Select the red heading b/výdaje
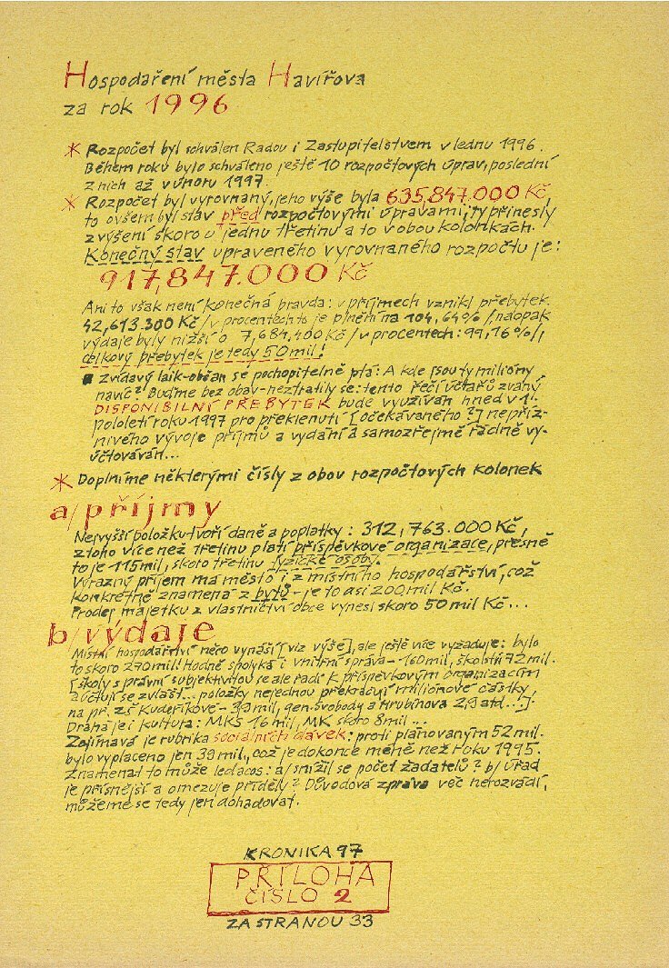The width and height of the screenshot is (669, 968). [x=132, y=631]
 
